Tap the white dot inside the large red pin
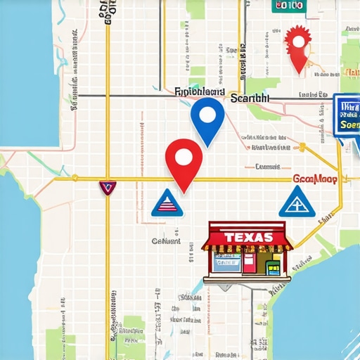click(x=183, y=156)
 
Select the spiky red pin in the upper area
click(x=299, y=44)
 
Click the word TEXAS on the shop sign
click(x=246, y=237)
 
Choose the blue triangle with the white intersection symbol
click(x=297, y=202)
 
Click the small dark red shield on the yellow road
click(x=107, y=187)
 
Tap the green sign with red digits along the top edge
click(x=287, y=6)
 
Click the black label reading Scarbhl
click(x=249, y=99)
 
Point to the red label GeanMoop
click(x=314, y=179)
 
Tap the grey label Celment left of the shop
click(x=166, y=241)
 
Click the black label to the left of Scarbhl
click(x=198, y=92)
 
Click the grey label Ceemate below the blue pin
click(x=267, y=167)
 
